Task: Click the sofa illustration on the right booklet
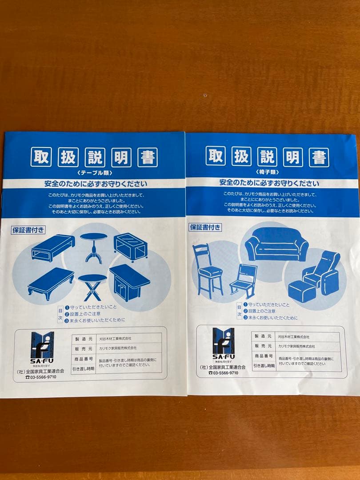[x=276, y=244]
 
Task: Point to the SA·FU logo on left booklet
[x=42, y=347]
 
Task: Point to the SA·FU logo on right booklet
[x=223, y=344]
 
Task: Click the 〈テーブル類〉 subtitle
[x=95, y=172]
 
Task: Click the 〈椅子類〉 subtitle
[x=269, y=171]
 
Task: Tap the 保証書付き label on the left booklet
[x=28, y=230]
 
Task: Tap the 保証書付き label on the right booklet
[x=205, y=227]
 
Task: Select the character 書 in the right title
[x=319, y=157]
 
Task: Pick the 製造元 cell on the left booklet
[x=83, y=338]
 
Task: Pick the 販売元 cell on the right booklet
[x=263, y=346]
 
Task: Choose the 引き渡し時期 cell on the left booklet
[x=83, y=368]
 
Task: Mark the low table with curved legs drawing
[x=51, y=281]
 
